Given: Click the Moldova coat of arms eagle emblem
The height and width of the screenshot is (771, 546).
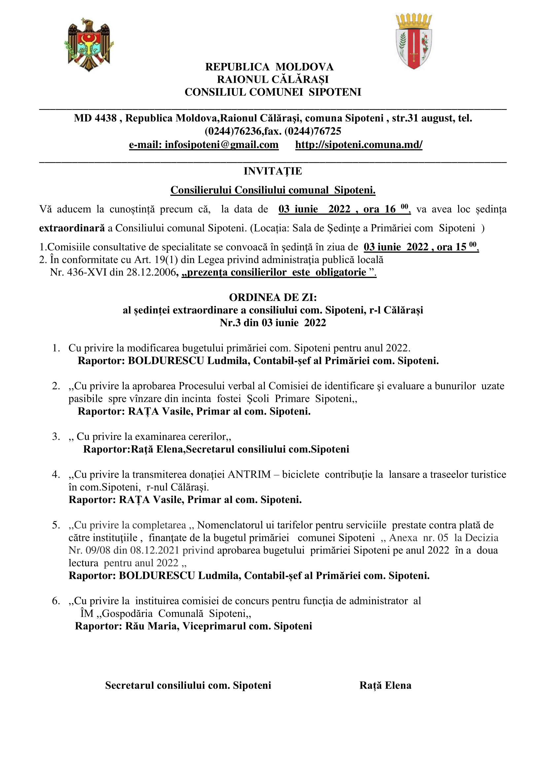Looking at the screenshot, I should click(89, 44).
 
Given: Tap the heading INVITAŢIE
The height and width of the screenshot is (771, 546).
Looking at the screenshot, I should click(273, 171).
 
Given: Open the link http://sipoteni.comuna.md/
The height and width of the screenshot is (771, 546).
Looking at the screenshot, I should click(359, 145).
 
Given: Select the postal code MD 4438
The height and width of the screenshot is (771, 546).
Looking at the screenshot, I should click(95, 118).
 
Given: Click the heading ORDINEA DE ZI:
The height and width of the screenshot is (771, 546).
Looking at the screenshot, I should click(273, 297).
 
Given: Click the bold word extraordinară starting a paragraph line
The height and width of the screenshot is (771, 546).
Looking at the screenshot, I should click(72, 228).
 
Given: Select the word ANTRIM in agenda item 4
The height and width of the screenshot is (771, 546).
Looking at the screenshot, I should click(249, 474).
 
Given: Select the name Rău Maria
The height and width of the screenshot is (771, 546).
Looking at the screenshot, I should click(152, 626).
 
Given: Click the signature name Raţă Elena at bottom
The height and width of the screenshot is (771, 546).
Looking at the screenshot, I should click(385, 685).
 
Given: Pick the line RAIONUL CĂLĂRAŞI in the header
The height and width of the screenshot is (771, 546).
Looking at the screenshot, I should click(273, 79).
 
